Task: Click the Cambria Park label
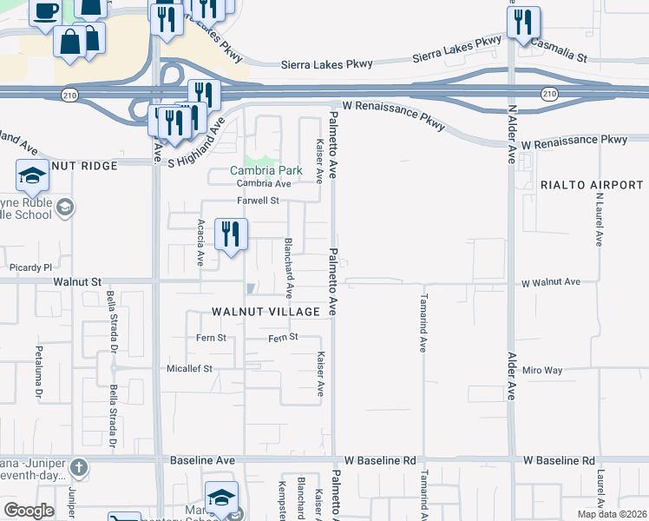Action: pyautogui.click(x=265, y=170)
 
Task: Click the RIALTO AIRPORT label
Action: pyautogui.click(x=592, y=185)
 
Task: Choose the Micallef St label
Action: pyautogui.click(x=189, y=368)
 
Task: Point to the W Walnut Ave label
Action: pyautogui.click(x=551, y=282)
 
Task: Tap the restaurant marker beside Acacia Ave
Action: pyautogui.click(x=231, y=234)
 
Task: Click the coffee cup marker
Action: pyautogui.click(x=45, y=12)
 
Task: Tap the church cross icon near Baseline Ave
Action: pyautogui.click(x=78, y=468)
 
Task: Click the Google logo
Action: pyautogui.click(x=29, y=511)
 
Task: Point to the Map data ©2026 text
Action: pyautogui.click(x=612, y=514)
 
